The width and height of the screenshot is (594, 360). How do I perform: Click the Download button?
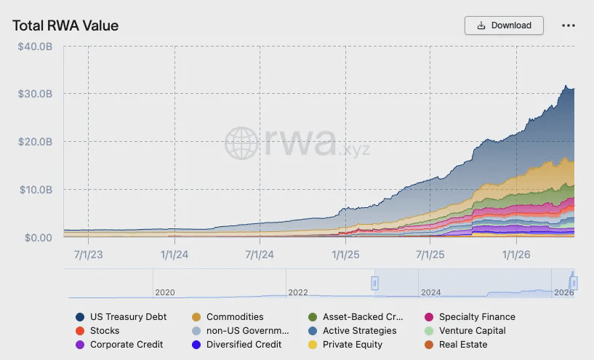coord(504,25)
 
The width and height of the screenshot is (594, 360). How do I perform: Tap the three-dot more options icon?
coord(569,25)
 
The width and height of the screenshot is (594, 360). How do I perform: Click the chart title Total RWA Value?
coord(65,25)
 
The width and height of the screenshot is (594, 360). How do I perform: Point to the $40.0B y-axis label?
coord(35,47)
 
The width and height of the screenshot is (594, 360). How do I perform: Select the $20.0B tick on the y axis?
coord(35,142)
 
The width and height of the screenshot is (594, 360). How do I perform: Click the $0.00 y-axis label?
coord(39,238)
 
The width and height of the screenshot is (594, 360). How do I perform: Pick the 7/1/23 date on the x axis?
coord(88,255)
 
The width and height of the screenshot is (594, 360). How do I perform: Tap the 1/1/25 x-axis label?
coord(345,255)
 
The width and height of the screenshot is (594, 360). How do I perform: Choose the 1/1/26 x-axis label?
coord(516,255)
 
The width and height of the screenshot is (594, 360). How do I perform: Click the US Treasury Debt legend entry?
coord(121,317)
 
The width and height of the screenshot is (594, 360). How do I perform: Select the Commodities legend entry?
coord(228,317)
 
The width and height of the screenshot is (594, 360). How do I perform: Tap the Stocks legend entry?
coord(97,331)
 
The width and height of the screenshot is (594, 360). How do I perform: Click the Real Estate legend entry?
coord(456,345)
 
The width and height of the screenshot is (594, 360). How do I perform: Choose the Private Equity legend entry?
coord(345,345)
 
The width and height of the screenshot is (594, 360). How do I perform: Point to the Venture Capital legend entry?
coord(465,331)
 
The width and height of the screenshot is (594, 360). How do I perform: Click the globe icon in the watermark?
coord(241,143)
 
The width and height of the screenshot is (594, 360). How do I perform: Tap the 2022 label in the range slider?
coord(298,292)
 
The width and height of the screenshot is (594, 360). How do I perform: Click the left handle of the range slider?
coord(374,283)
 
